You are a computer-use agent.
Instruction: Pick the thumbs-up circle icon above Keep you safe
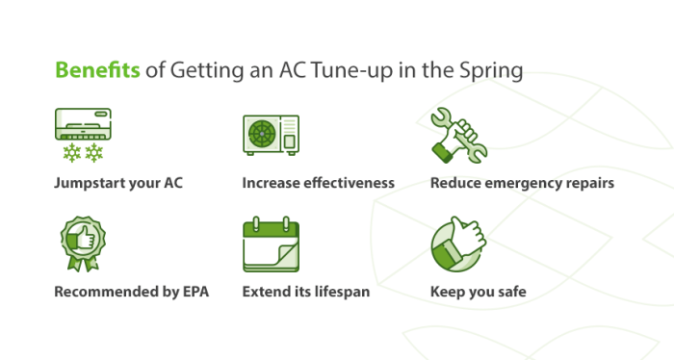(458, 246)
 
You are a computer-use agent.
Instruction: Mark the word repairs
(590, 182)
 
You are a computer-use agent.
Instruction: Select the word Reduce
(455, 182)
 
